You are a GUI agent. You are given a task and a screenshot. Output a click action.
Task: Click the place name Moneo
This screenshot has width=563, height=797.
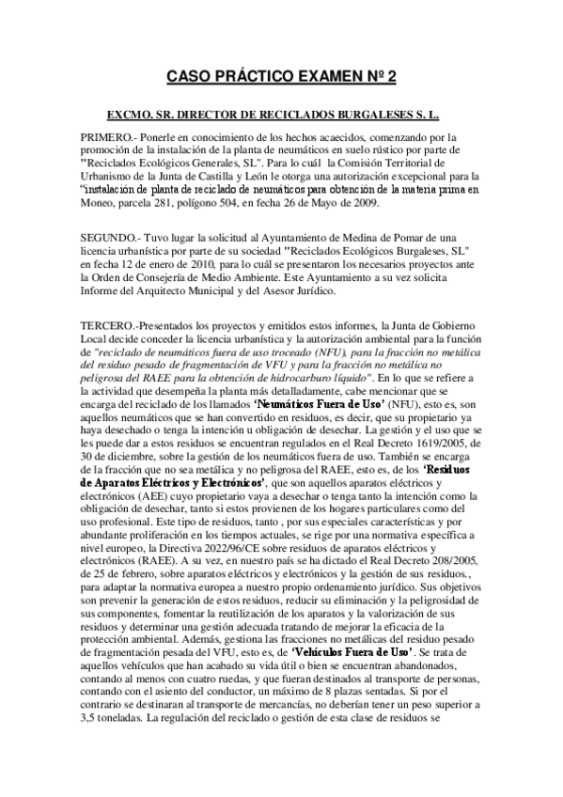pyautogui.click(x=98, y=202)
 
